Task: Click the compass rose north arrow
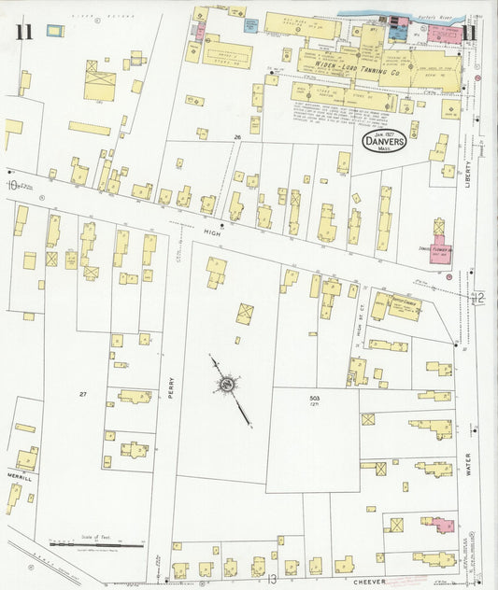click(227, 385)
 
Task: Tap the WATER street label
click(470, 464)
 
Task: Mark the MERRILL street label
click(20, 479)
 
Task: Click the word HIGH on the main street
click(210, 237)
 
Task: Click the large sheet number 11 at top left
click(23, 34)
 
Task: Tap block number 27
click(82, 395)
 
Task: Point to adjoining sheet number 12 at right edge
click(478, 298)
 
